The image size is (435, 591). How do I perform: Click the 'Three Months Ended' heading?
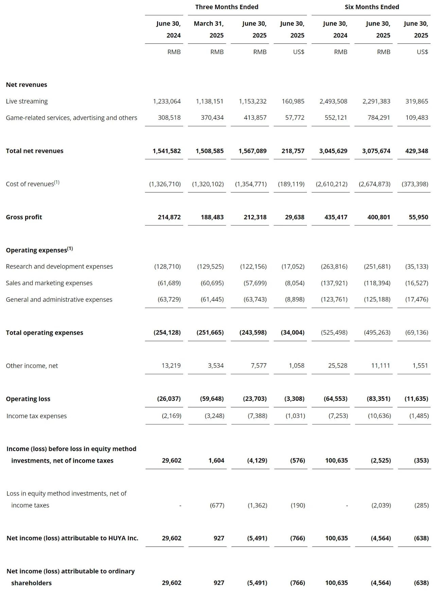227,7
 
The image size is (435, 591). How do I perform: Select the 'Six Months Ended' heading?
372,7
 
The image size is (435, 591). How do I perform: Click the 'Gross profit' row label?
24,217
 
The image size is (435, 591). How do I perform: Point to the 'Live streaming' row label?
27,101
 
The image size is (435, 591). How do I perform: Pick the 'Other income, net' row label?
32,366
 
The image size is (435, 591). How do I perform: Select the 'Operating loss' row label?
28,399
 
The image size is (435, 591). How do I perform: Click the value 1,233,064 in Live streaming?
167,101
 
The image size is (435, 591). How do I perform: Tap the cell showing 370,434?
212,117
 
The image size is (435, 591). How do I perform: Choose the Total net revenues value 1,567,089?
253,151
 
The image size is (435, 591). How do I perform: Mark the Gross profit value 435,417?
336,217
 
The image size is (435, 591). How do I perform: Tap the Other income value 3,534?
216,366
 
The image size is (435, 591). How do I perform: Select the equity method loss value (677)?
217,505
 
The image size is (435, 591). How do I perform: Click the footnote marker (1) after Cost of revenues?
57,182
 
